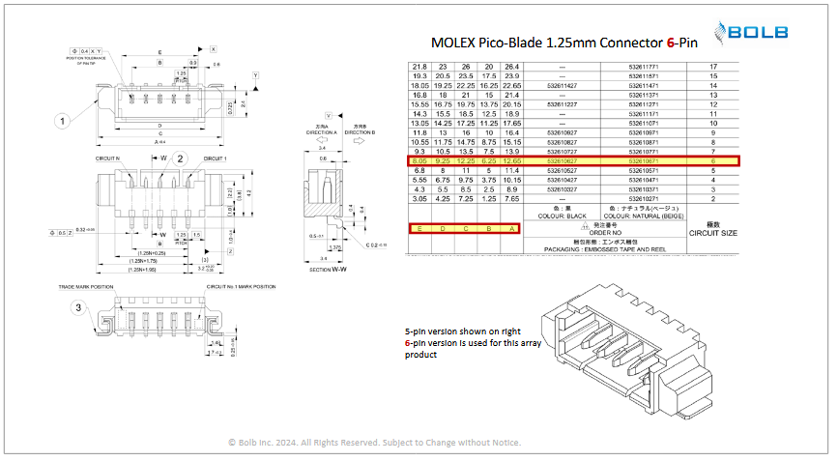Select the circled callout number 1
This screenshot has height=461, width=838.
point(62,121)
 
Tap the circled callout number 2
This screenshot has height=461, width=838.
point(181,173)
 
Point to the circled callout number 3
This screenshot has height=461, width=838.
point(76,307)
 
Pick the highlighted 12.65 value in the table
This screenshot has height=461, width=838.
point(511,160)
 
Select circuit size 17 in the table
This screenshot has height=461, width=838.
point(713,66)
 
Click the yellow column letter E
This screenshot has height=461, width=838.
point(419,228)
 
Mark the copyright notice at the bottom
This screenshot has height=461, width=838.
point(374,443)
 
